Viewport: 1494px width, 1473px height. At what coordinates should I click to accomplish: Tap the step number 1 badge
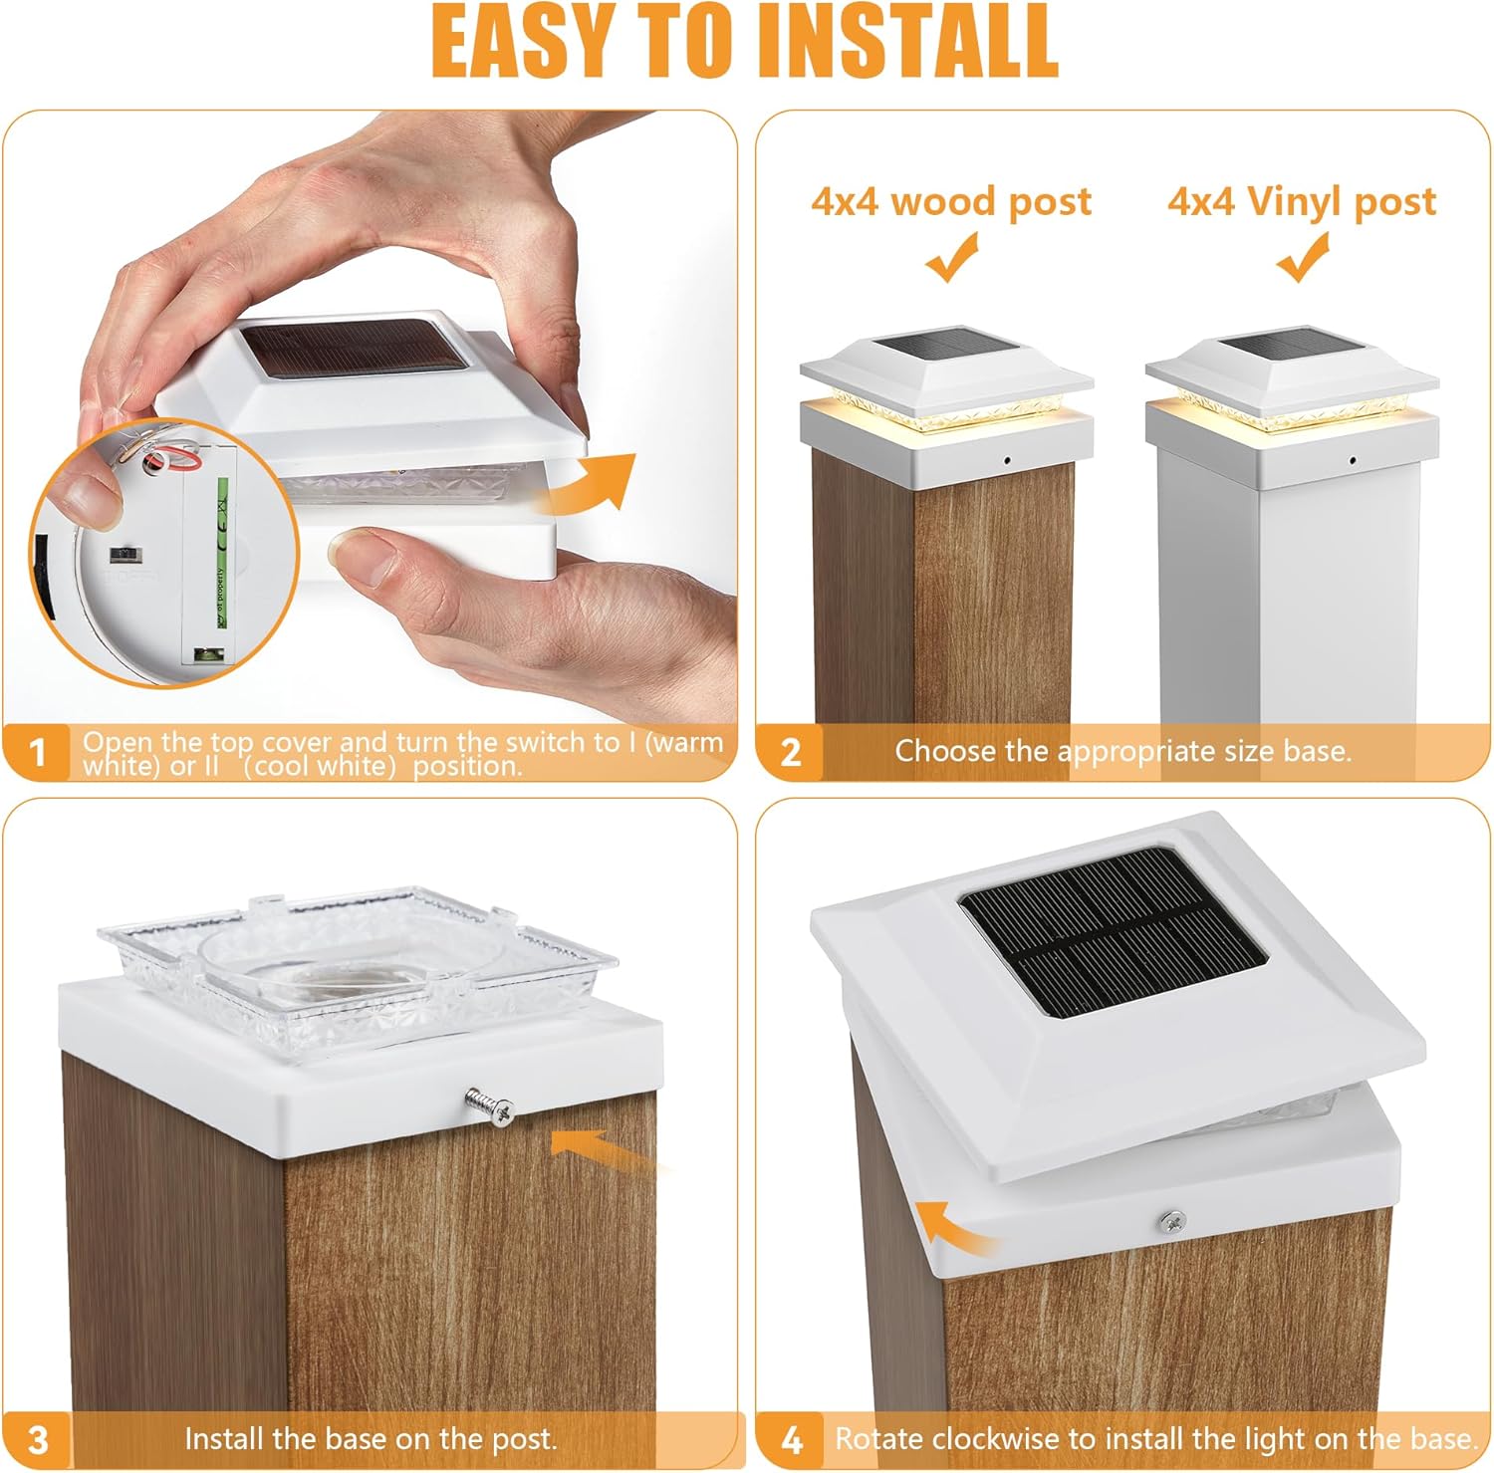[38, 752]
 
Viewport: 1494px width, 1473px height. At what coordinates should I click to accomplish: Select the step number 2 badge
[791, 752]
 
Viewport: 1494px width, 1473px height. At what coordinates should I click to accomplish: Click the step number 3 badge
[38, 1440]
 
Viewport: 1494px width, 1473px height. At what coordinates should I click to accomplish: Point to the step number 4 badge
[791, 1440]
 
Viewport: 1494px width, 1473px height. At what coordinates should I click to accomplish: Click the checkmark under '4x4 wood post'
[952, 257]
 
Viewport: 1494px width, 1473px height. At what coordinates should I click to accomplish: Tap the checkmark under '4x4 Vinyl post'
[1304, 257]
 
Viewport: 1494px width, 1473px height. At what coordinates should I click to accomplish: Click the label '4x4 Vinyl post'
[1302, 202]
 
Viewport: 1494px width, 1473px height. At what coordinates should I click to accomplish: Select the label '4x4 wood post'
[951, 202]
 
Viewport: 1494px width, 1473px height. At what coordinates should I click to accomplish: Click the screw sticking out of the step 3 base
[489, 1105]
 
